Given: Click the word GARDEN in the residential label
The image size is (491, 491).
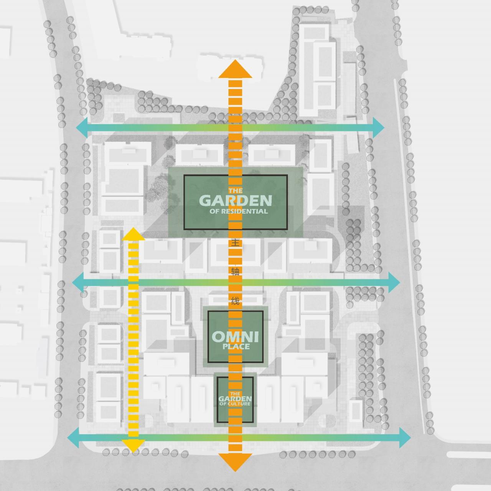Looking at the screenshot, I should (x=236, y=200).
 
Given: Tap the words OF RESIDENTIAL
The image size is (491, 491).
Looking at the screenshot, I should (x=239, y=211).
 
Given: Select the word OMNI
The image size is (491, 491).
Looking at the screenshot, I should (x=235, y=337).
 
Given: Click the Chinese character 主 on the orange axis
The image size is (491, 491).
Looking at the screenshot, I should (x=236, y=243).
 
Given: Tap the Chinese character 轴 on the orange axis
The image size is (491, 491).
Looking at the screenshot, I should (x=236, y=272).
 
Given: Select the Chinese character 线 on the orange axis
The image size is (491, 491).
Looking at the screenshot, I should (x=236, y=301).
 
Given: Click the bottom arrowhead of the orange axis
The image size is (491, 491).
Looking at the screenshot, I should (x=236, y=463).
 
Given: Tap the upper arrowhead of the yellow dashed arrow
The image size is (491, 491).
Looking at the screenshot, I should (x=133, y=234).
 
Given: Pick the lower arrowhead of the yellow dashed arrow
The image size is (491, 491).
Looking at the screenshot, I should (x=133, y=445).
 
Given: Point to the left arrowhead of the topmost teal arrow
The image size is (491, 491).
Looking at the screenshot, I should (x=82, y=127).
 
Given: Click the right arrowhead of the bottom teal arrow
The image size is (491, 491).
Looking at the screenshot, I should (x=405, y=438).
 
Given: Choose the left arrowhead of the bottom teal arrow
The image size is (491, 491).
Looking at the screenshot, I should (x=74, y=438).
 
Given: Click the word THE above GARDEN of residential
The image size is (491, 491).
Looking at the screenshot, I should (x=236, y=191).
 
